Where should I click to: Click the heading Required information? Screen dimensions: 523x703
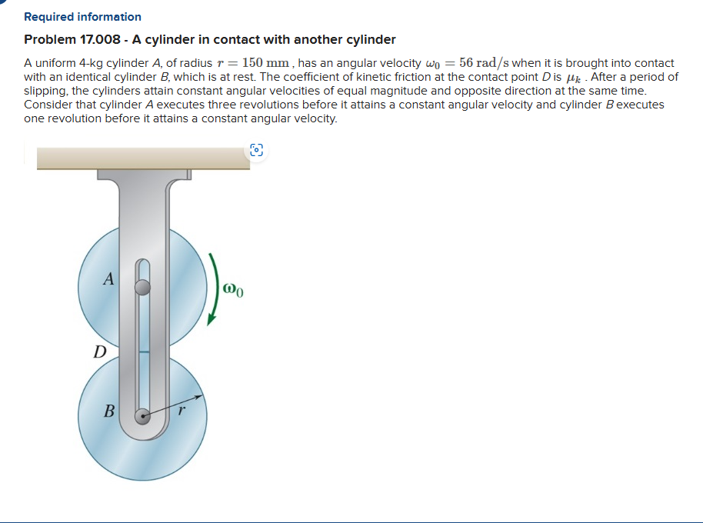click(x=82, y=16)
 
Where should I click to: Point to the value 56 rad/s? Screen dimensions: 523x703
click(x=490, y=63)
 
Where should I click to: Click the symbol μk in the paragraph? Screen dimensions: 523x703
click(x=575, y=77)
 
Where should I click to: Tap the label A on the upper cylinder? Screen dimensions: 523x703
click(x=109, y=279)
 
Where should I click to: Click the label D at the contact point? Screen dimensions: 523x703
click(x=99, y=352)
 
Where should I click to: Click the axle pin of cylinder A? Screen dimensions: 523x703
click(x=142, y=288)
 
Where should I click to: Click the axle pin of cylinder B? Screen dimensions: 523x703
click(x=142, y=416)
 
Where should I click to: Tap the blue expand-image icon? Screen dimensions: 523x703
click(x=256, y=152)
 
